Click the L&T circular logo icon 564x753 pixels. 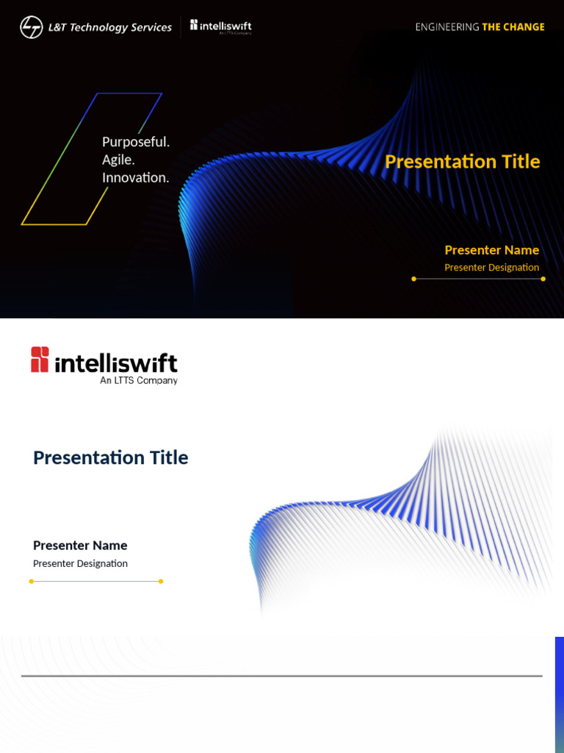(x=31, y=27)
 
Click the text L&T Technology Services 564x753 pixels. (x=109, y=28)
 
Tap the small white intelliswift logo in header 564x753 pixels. (x=221, y=26)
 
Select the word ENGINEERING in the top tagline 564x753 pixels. (x=446, y=27)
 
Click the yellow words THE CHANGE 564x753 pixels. (x=513, y=27)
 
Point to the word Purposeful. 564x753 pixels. (x=136, y=142)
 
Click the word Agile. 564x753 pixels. (x=118, y=160)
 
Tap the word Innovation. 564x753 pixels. (x=136, y=177)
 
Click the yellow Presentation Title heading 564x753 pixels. (x=462, y=162)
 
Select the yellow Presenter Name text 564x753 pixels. (x=491, y=250)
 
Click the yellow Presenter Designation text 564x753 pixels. (x=491, y=268)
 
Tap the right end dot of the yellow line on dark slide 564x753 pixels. (x=543, y=279)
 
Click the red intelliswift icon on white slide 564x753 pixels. (x=40, y=360)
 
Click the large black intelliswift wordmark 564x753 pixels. (x=116, y=363)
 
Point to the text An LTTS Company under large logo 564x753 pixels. (x=139, y=381)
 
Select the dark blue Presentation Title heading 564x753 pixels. (x=111, y=457)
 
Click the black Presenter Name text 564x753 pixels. (x=80, y=546)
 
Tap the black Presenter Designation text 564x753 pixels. (x=80, y=563)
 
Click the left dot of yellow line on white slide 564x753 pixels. (x=32, y=581)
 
